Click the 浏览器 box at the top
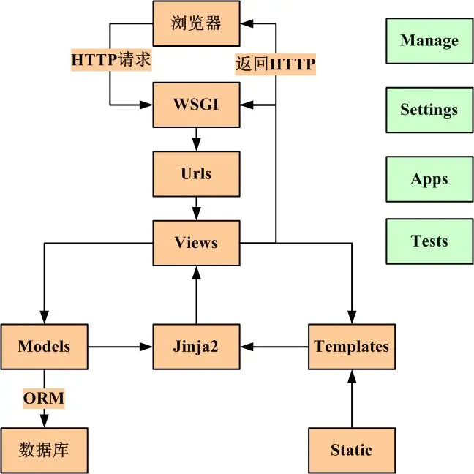(196, 23)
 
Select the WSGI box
(196, 105)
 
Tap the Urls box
(196, 173)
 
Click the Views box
(196, 243)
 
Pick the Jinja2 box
(196, 346)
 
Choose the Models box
(44, 346)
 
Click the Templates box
(352, 346)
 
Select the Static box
(352, 450)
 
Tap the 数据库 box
(44, 450)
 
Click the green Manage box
(429, 40)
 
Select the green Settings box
(429, 110)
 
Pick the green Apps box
(429, 179)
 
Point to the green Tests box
(429, 241)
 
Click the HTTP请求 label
(111, 59)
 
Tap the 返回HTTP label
(275, 64)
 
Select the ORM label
(44, 399)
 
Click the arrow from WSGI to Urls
(196, 139)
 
